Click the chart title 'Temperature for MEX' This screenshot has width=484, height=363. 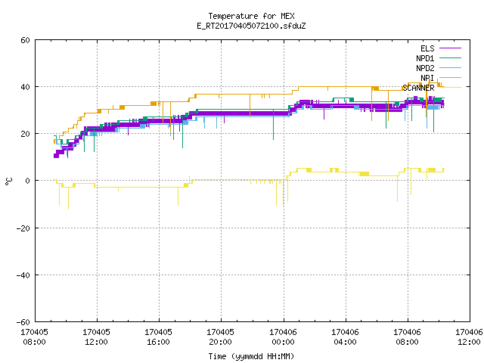(x=251, y=16)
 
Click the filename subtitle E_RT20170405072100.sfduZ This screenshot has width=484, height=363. (x=251, y=26)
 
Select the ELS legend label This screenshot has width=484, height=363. (x=427, y=48)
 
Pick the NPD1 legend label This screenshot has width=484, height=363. (x=425, y=58)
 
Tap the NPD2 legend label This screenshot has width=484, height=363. (x=425, y=68)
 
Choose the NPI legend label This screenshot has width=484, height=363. (x=427, y=78)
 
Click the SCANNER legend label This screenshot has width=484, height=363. (x=418, y=88)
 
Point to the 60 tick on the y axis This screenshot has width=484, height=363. (x=25, y=40)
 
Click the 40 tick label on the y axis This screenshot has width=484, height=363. (x=25, y=87)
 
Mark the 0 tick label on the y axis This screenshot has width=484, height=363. (x=28, y=181)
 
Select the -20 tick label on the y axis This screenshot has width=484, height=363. (x=23, y=228)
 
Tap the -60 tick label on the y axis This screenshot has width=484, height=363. (x=23, y=322)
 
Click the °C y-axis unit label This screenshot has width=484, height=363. (x=9, y=181)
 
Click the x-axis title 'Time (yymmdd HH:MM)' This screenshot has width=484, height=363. (x=251, y=356)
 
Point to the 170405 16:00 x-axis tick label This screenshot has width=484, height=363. (x=158, y=337)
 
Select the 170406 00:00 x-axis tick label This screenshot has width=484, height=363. (x=283, y=337)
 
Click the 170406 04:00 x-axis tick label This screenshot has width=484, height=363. (x=345, y=337)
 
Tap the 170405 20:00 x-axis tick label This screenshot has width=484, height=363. (x=220, y=337)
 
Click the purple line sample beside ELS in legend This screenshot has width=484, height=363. (x=450, y=48)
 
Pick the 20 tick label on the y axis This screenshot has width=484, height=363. (x=25, y=134)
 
